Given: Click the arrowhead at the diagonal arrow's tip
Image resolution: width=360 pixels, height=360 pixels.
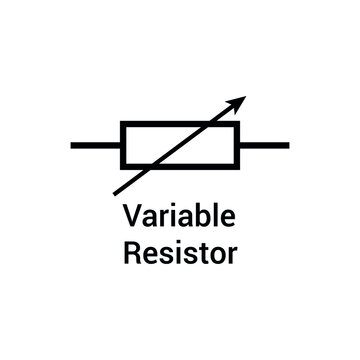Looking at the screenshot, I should (239, 101).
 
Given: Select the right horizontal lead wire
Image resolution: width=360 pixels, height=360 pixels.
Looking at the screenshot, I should (265, 145).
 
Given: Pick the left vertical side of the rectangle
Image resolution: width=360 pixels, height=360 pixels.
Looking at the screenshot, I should (122, 145).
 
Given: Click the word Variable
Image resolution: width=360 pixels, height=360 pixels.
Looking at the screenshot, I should (179, 215).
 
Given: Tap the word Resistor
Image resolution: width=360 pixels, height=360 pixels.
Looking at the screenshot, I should (180, 251).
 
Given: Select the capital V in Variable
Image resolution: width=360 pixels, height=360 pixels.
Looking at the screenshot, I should (130, 215).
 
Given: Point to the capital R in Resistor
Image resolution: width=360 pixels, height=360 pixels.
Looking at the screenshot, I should (131, 251).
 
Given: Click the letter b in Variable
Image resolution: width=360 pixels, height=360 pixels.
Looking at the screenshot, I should (199, 215).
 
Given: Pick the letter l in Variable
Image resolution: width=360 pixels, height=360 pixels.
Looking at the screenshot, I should (213, 214).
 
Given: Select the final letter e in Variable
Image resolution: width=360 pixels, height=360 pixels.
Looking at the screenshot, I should (226, 218).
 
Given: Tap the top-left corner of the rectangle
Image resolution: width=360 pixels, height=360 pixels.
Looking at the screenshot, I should (122, 124).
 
